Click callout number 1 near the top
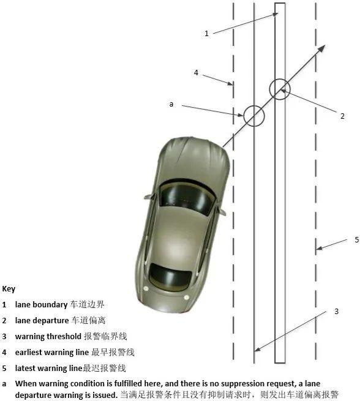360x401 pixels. [206, 34]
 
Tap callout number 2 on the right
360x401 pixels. [342, 116]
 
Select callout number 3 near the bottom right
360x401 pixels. [337, 312]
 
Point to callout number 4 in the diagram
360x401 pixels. [196, 73]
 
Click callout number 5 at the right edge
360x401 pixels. [357, 239]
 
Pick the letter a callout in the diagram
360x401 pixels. [171, 104]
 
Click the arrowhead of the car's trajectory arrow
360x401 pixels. [322, 48]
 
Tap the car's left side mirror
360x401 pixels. [148, 197]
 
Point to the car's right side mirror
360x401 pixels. [222, 212]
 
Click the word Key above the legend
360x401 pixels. [9, 289]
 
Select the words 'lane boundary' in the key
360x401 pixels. [41, 305]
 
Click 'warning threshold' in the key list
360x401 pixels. [48, 336]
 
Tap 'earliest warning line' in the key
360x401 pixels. [52, 353]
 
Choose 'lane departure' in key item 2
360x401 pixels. [42, 320]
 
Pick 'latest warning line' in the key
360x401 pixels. [48, 369]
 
